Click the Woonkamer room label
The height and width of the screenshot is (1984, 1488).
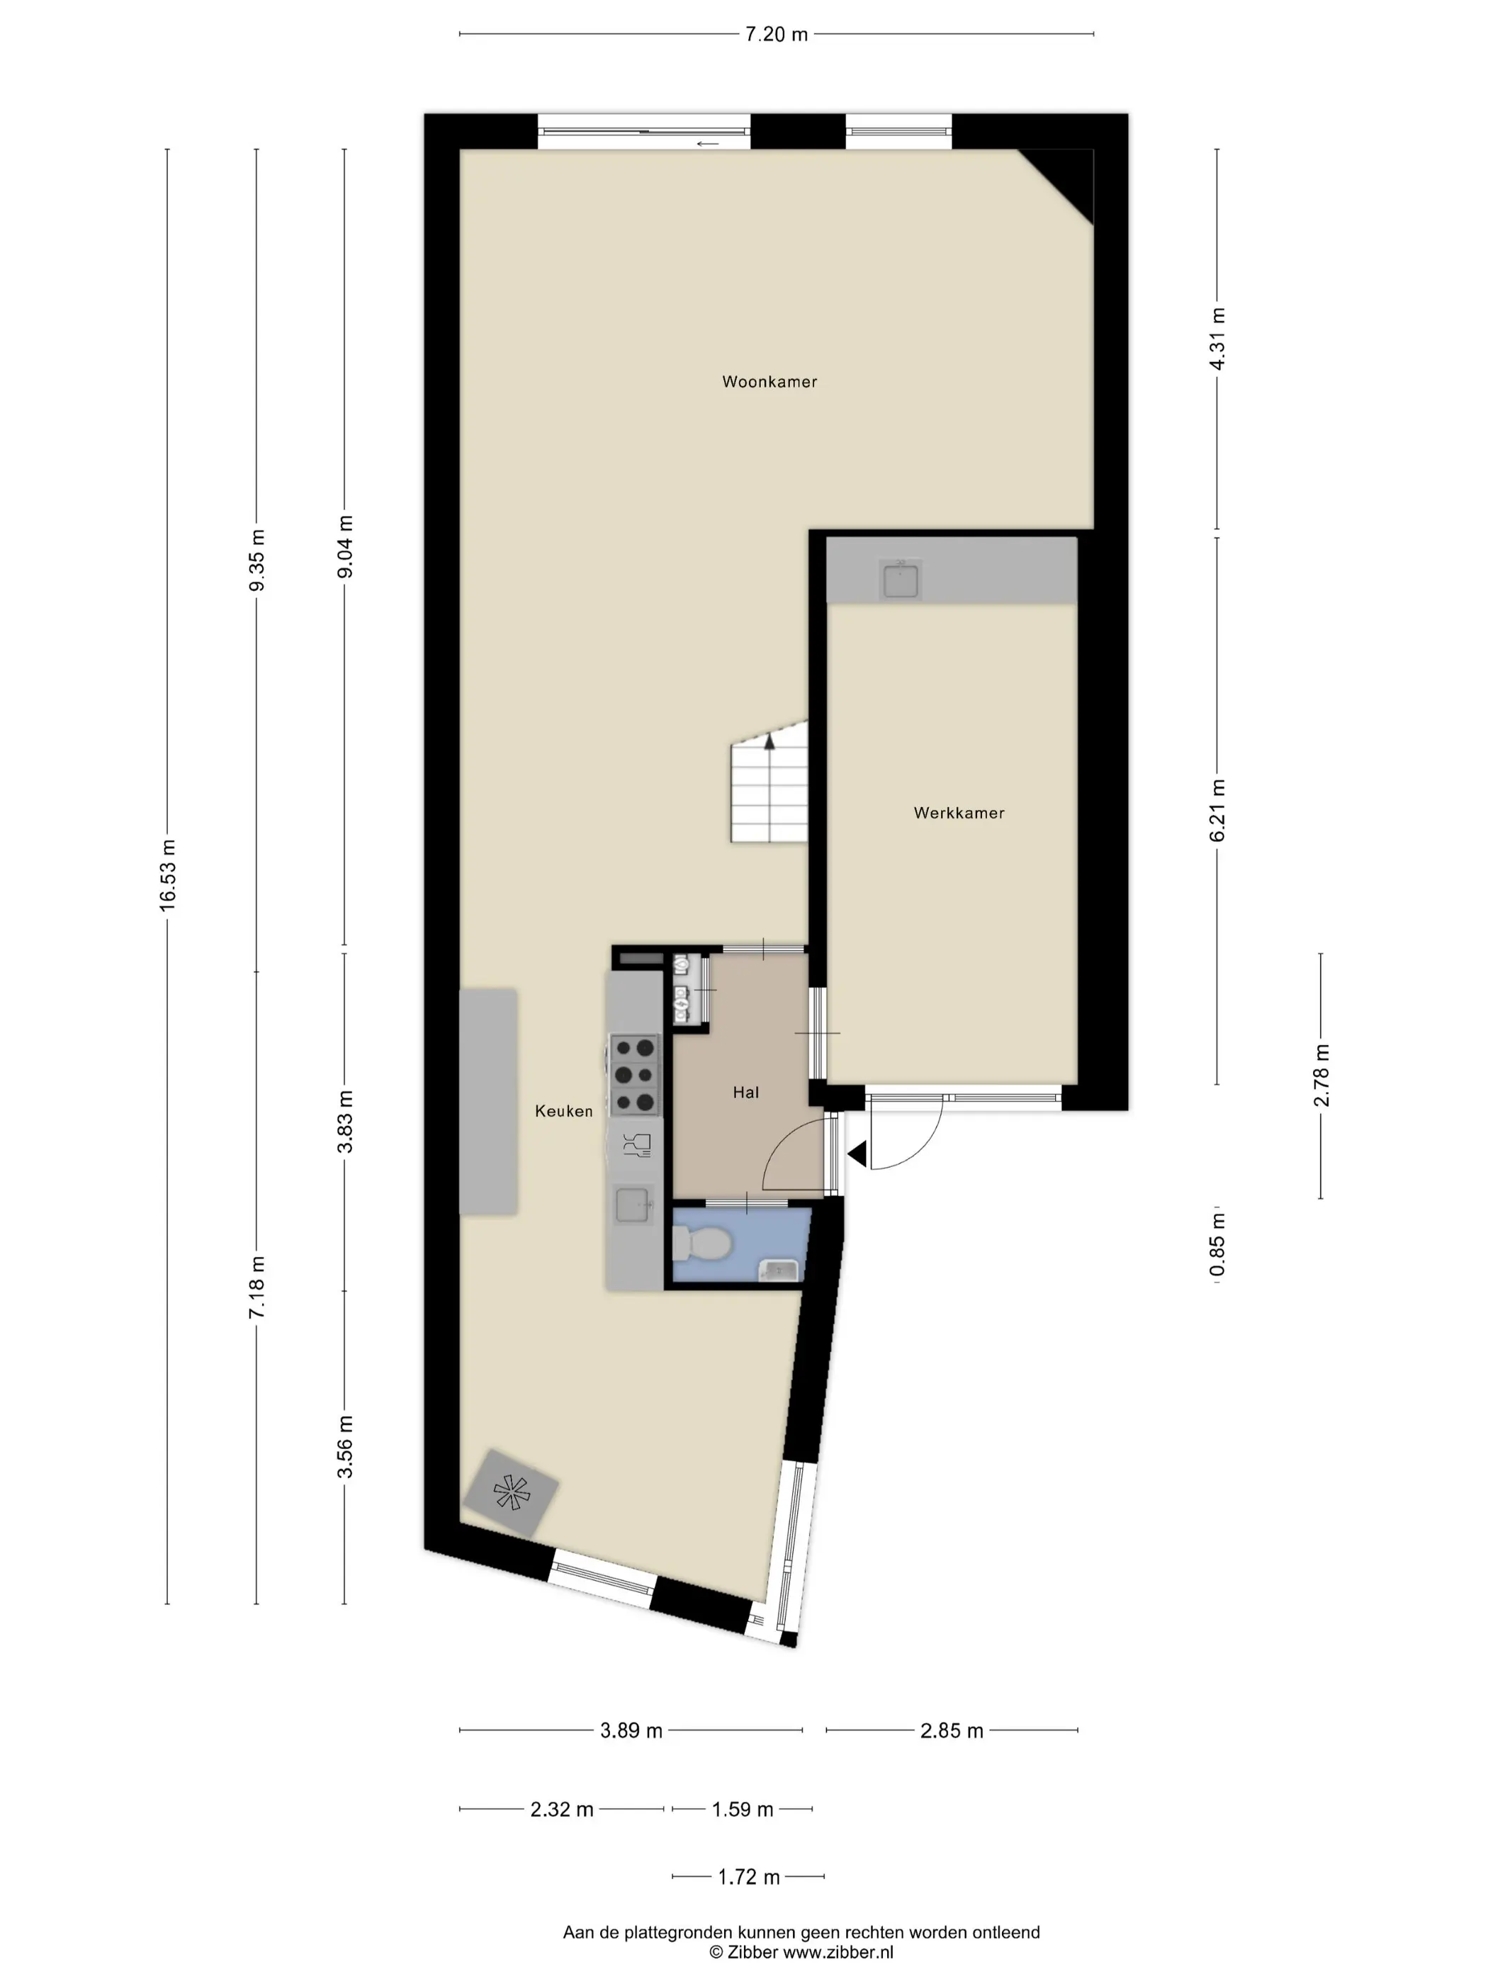point(769,381)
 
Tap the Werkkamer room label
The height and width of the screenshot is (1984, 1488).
point(959,813)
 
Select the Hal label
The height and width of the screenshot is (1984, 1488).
point(745,1092)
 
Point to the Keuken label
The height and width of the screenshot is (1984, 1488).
point(563,1110)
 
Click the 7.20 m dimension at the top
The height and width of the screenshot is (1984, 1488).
point(777,34)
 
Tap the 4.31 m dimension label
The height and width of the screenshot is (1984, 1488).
point(1217,338)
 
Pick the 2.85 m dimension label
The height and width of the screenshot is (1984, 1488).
point(952,1730)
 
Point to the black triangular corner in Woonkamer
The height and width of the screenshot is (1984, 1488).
point(1069,175)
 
